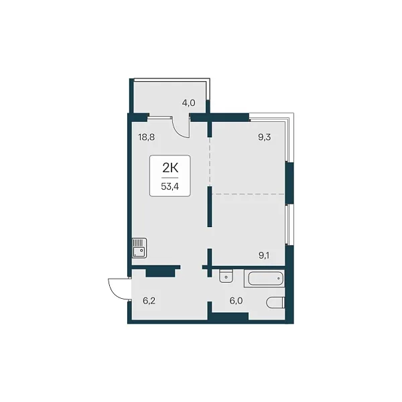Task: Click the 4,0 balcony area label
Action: [x=188, y=103]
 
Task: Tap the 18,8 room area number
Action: [x=146, y=137]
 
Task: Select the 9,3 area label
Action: [x=265, y=137]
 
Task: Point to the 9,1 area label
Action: [x=264, y=255]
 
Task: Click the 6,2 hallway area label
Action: [x=149, y=300]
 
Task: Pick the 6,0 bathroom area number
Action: [x=236, y=300]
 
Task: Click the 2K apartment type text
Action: [x=170, y=168]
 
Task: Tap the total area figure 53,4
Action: [x=170, y=186]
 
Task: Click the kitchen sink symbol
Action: [x=139, y=248]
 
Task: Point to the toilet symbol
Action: [x=275, y=303]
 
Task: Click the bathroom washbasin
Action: [x=226, y=276]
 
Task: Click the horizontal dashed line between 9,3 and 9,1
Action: [x=248, y=194]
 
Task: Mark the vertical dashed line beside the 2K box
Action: [x=210, y=162]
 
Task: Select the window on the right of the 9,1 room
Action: [x=288, y=225]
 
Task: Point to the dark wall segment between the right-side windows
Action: [x=289, y=183]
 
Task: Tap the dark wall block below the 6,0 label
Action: [x=228, y=316]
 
